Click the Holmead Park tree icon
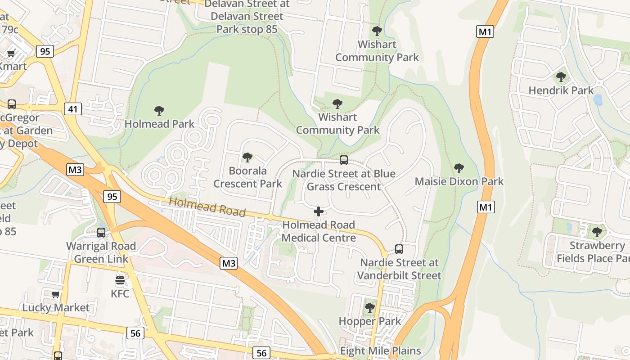[159, 110]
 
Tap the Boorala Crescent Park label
[247, 177]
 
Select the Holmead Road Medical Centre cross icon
[319, 211]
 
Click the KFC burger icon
[120, 281]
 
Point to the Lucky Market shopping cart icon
[56, 295]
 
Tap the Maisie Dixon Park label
[459, 181]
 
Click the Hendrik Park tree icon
[561, 77]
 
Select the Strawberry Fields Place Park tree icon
[597, 232]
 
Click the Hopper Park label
[369, 321]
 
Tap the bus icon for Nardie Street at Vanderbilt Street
[399, 249]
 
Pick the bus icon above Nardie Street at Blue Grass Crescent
[343, 160]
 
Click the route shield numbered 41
[72, 108]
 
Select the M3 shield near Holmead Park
[75, 170]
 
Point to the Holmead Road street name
[207, 207]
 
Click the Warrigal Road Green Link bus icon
[101, 233]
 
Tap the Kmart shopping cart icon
[11, 53]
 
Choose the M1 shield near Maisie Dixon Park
[486, 207]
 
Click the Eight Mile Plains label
[380, 351]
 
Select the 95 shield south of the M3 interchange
[112, 196]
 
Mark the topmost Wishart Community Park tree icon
[377, 31]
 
